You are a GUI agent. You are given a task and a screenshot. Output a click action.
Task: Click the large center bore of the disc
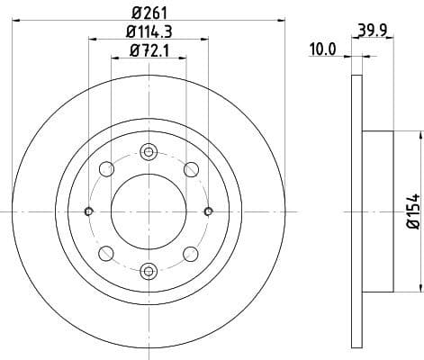pos(149,211)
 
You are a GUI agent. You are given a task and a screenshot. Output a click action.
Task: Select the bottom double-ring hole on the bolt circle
pos(149,269)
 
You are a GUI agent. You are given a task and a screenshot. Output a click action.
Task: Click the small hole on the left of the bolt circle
pos(88,211)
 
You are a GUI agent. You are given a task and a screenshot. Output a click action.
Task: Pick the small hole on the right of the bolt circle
pos(209,211)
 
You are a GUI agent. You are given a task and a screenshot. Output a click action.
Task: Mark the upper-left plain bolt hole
pos(106,169)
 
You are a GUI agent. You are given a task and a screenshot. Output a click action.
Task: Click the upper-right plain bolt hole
pos(191,169)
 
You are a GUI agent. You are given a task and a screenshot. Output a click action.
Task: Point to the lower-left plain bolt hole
pos(106,253)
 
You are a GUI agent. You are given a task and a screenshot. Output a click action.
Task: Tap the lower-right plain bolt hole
pos(191,253)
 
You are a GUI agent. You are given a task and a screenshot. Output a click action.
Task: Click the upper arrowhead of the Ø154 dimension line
pos(419,134)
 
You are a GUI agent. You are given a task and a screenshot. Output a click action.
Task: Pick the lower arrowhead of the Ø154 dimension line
pos(419,287)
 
